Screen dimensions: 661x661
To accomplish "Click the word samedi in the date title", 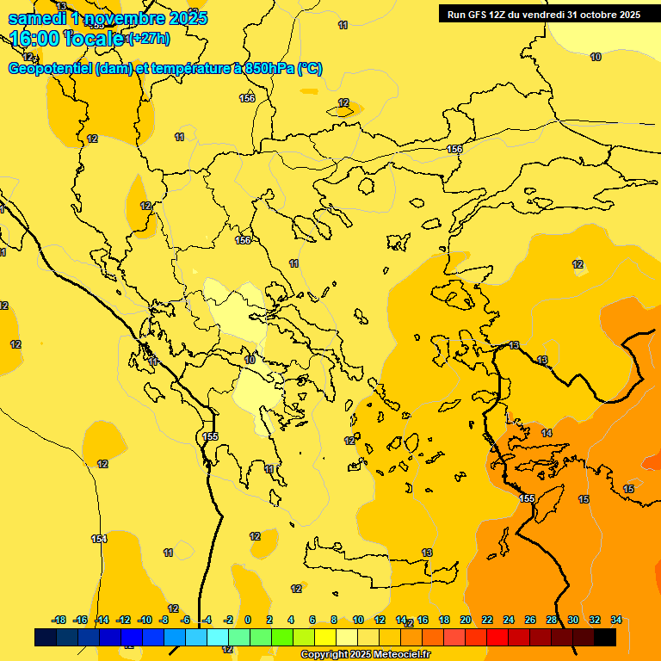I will (x=36, y=18).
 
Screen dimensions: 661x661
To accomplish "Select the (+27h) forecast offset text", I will (x=149, y=39).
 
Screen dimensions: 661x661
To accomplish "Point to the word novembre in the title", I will (x=123, y=18).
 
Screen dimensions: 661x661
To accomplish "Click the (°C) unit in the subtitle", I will (x=310, y=69).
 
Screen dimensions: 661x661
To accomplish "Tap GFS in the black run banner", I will (x=480, y=15).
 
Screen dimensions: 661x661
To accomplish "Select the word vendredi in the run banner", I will (x=543, y=15).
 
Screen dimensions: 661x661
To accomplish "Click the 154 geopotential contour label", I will (x=99, y=539).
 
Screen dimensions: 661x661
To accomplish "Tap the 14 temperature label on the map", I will (x=547, y=433).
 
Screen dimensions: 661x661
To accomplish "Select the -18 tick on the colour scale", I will (x=59, y=620).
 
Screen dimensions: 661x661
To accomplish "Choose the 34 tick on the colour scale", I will (x=616, y=620).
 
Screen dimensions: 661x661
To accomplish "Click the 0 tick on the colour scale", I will (x=248, y=620).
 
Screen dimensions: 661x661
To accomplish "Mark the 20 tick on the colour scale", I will (x=466, y=620).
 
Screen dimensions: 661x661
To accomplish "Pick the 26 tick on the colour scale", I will (x=530, y=620).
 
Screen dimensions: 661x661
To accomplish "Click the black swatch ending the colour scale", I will (x=605, y=637).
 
